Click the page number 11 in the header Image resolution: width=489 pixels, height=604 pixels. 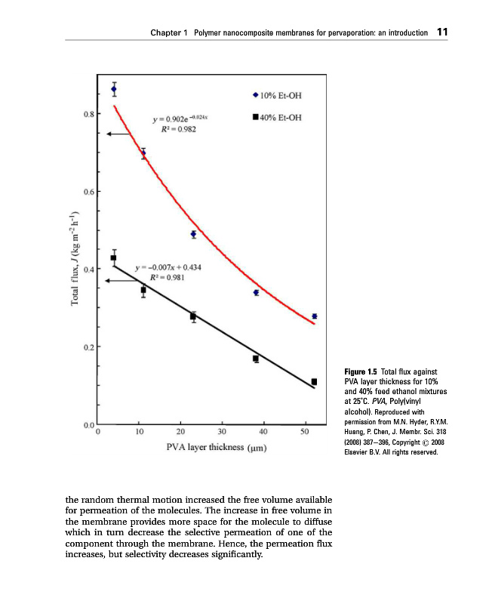(x=443, y=33)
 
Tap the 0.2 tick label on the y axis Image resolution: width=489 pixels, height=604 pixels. (x=88, y=347)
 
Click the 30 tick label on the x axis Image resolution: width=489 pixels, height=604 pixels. (x=222, y=432)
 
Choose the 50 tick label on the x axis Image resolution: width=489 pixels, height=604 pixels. (x=305, y=432)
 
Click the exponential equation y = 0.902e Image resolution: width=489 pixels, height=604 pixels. (x=184, y=119)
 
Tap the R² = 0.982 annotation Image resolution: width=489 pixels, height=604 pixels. (x=180, y=129)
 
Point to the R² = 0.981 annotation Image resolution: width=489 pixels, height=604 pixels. (x=165, y=277)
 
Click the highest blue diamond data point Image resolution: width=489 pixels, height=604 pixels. (x=114, y=89)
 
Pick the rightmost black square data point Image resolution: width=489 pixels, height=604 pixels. (x=314, y=381)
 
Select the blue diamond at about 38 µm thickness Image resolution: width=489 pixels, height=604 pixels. (x=257, y=292)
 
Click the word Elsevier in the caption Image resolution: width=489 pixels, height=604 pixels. (x=358, y=453)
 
